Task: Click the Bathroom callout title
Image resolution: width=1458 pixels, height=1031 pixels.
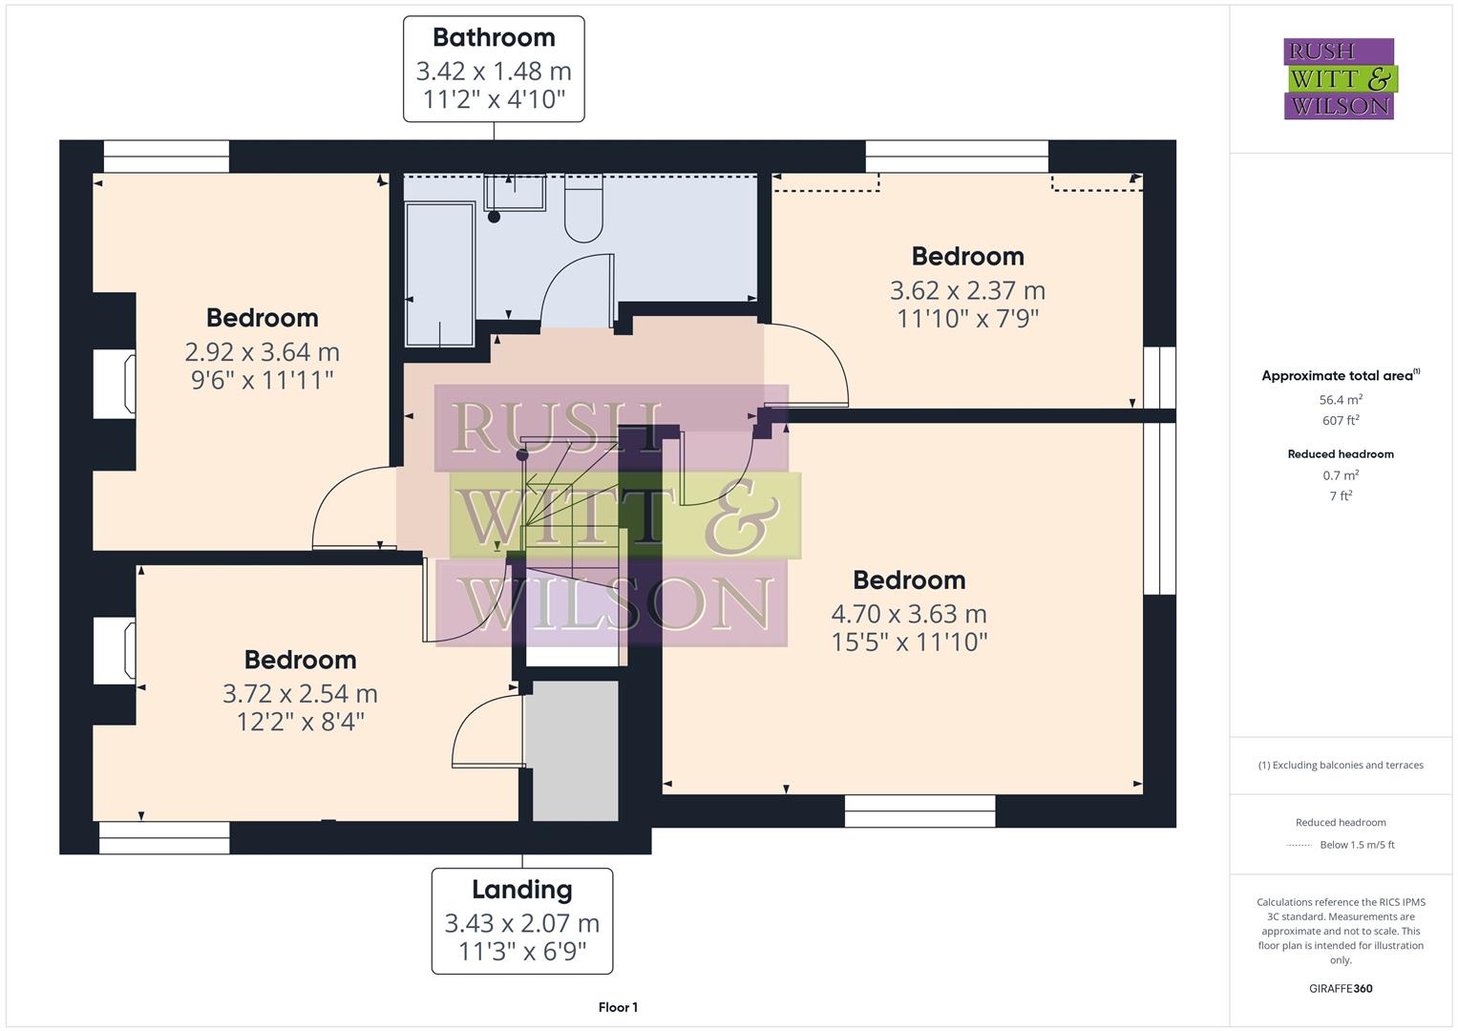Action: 494,38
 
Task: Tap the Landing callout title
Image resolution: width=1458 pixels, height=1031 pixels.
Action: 521,890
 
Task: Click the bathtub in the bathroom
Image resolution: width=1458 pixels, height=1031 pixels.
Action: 440,273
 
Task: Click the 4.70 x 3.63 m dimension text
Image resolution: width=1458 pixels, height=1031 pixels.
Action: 909,614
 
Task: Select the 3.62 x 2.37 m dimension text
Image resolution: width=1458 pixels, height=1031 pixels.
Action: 967,290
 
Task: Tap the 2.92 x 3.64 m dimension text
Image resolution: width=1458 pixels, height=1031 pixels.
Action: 262,352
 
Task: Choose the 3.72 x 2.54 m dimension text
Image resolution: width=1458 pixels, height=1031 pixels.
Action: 300,694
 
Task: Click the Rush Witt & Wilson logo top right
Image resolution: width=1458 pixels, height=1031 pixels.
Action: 1339,79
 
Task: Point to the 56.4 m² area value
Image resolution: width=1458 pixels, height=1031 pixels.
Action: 1341,400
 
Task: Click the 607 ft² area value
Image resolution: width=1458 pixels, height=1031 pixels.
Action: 1341,421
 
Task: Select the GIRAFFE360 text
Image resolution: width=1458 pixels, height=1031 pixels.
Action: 1341,988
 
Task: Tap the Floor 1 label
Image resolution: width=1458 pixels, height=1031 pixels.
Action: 618,1007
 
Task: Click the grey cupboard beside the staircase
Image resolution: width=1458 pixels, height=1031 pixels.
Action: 575,750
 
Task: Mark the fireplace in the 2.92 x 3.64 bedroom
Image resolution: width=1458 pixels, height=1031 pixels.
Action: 115,384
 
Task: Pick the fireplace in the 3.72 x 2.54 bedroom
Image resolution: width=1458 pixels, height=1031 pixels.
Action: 115,651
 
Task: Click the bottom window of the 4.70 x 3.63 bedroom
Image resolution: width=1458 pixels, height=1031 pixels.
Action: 919,811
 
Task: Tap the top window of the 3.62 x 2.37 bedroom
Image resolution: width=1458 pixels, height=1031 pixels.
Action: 957,157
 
